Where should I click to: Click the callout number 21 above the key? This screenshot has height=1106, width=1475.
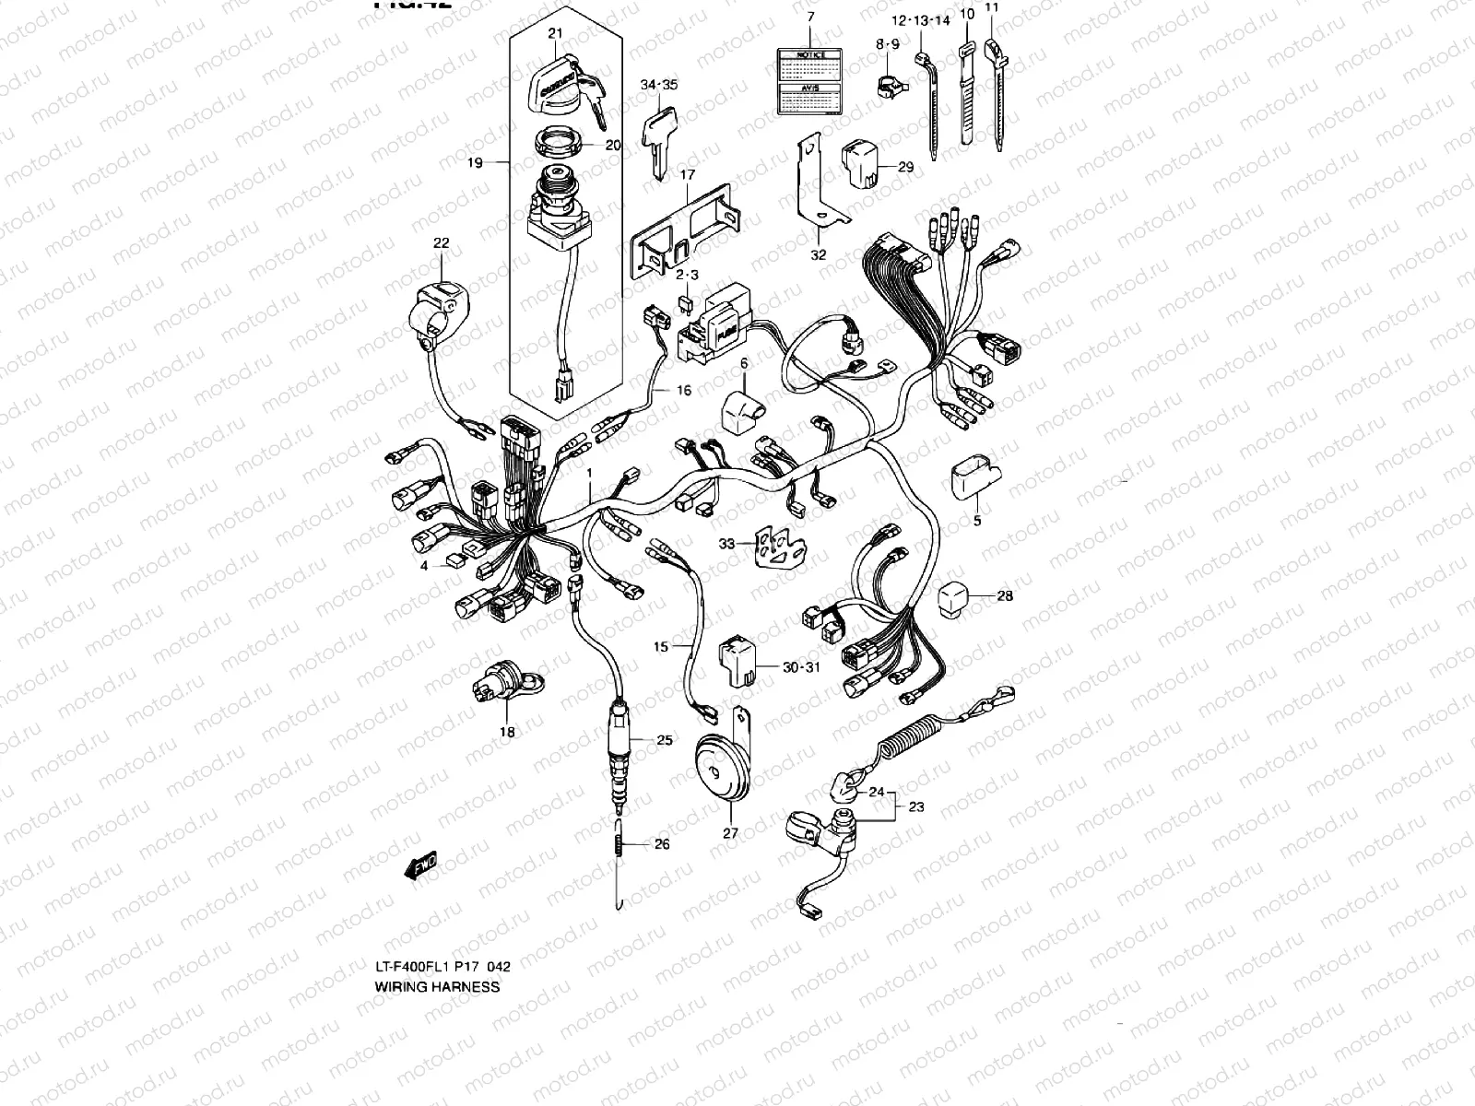pyautogui.click(x=554, y=34)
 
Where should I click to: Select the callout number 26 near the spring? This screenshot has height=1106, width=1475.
pyautogui.click(x=662, y=844)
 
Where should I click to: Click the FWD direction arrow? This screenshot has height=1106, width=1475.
pyautogui.click(x=420, y=865)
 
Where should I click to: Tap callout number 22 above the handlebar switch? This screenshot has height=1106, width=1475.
pyautogui.click(x=442, y=243)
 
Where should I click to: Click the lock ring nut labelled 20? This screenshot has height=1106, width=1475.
pyautogui.click(x=559, y=144)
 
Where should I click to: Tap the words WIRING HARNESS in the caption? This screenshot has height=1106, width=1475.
pyautogui.click(x=437, y=986)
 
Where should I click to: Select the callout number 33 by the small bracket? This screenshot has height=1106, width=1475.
pyautogui.click(x=727, y=545)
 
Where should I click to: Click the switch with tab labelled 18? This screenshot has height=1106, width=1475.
pyautogui.click(x=503, y=688)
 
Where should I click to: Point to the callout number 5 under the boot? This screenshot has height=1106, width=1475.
pyautogui.click(x=977, y=521)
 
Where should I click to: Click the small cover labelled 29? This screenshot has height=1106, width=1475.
pyautogui.click(x=864, y=163)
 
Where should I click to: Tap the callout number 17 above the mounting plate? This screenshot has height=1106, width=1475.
pyautogui.click(x=688, y=174)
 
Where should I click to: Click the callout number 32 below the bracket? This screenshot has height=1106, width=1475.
pyautogui.click(x=819, y=255)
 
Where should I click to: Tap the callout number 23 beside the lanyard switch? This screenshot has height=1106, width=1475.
pyautogui.click(x=915, y=806)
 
